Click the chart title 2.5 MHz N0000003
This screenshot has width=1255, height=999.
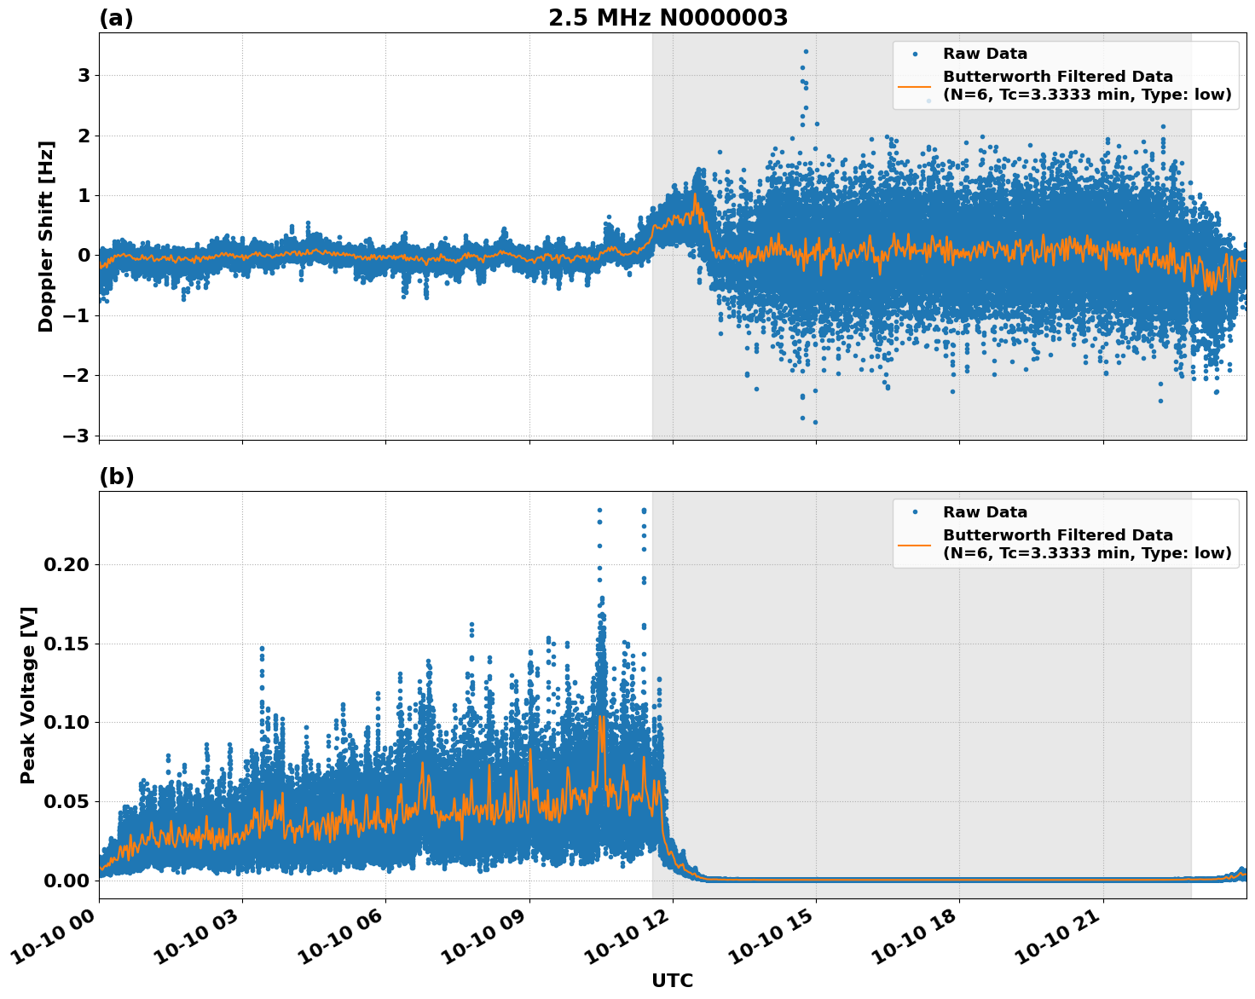pos(668,18)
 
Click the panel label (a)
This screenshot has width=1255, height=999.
pos(116,18)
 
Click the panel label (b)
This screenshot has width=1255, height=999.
pos(117,476)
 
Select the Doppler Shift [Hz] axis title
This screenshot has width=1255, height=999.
pos(46,236)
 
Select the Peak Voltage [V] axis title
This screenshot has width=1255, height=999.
pos(28,695)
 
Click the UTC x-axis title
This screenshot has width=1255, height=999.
pos(672,980)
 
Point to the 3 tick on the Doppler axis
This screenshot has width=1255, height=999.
pos(84,76)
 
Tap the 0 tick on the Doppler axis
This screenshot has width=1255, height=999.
pos(84,256)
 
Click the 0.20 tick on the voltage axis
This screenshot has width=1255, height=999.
pos(67,565)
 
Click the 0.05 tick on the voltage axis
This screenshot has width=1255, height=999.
pos(67,802)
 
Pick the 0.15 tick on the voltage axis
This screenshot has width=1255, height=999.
pos(67,644)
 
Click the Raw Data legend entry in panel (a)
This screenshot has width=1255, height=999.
pos(985,55)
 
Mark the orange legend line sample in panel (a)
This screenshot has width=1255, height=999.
pos(915,86)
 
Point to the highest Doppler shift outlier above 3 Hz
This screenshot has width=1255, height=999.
pos(806,51)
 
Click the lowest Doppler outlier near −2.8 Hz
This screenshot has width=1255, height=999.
pos(815,422)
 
